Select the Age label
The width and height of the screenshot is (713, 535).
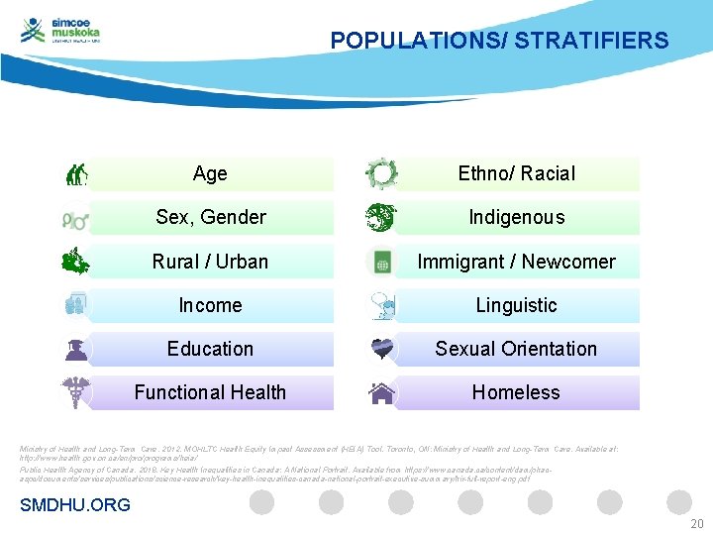point(210,173)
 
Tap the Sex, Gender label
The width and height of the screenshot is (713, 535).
point(210,217)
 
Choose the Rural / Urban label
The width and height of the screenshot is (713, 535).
point(210,262)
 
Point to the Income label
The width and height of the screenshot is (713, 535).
point(210,305)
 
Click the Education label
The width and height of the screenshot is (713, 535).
point(210,349)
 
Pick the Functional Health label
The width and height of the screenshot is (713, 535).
point(210,392)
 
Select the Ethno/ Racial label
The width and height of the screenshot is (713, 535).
point(516,173)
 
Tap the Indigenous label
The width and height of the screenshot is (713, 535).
point(516,217)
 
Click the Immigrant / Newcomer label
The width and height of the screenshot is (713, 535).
point(516,262)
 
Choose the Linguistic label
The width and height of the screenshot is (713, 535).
point(516,305)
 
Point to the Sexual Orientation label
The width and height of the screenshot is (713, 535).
point(516,349)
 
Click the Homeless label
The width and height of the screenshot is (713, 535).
point(516,392)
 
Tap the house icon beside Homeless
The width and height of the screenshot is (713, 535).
point(381,393)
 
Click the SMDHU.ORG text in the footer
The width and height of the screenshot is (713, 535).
point(75,505)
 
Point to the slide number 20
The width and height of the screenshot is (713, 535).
point(696,524)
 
